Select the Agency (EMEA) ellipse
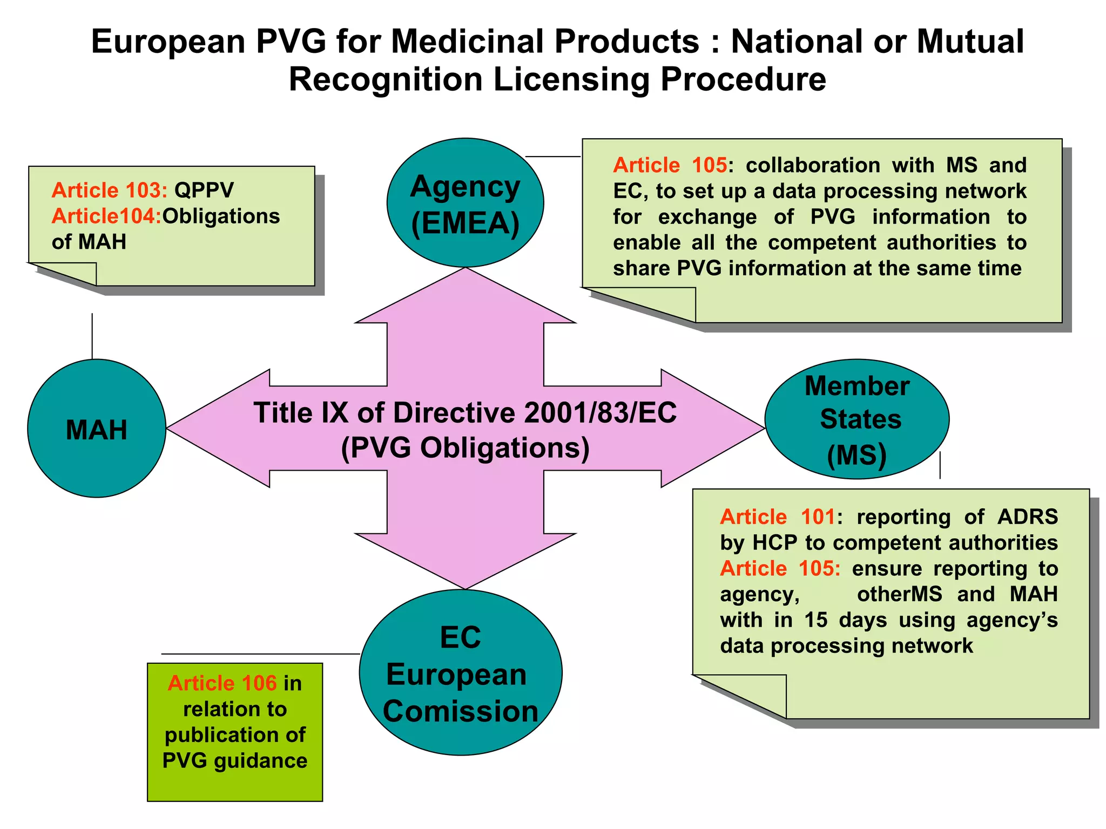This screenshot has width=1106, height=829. pyautogui.click(x=465, y=203)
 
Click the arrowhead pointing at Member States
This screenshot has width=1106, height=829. pyautogui.click(x=713, y=429)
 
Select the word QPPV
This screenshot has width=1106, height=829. pyautogui.click(x=204, y=191)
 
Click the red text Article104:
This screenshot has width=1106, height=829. pyautogui.click(x=106, y=216)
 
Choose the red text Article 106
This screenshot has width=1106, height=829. pyautogui.click(x=222, y=683)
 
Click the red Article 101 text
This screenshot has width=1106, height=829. pyautogui.click(x=778, y=517)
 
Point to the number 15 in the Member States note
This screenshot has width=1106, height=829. pyautogui.click(x=816, y=620)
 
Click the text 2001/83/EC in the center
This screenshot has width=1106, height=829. pyautogui.click(x=600, y=413)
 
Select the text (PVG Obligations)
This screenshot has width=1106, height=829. pyautogui.click(x=465, y=448)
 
